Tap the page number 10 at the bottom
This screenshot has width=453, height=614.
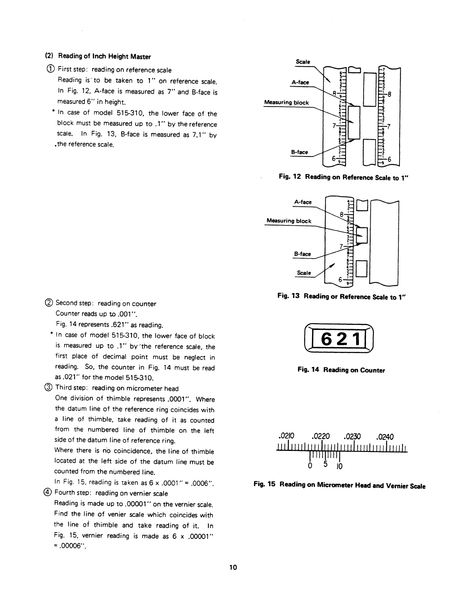233,567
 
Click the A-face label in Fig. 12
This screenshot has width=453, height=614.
300,82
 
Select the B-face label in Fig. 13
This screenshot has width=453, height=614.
303,254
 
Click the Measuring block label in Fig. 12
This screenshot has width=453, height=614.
286,103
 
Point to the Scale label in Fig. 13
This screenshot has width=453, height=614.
304,273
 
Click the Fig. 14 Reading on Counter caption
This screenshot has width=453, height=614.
341,370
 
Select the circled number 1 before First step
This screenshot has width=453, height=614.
50,70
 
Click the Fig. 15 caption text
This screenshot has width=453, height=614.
339,486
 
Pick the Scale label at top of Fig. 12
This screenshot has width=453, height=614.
303,62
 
